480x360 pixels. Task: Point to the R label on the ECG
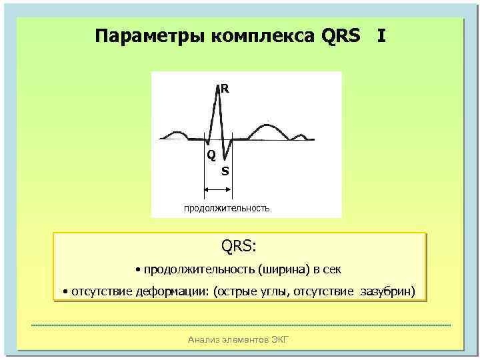(x=225, y=88)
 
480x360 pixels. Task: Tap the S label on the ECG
(x=225, y=171)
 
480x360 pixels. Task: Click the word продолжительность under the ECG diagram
(x=227, y=208)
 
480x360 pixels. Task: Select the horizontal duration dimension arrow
(x=218, y=191)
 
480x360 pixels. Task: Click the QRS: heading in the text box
(x=239, y=246)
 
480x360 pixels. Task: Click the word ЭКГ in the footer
(x=281, y=340)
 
